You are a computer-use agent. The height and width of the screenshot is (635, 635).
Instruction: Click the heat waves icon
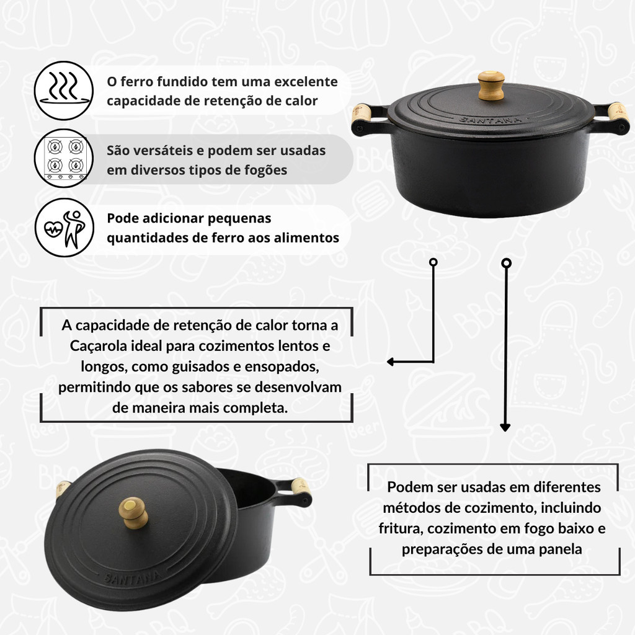[64, 91]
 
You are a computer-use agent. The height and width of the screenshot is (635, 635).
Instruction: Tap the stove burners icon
[64, 158]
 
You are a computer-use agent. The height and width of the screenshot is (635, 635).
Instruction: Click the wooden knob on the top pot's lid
[491, 85]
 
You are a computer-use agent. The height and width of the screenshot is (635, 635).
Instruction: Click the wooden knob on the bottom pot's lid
[133, 513]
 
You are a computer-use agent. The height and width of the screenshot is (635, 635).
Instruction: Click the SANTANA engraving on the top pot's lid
[491, 120]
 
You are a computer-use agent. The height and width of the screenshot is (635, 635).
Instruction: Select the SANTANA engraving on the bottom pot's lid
[131, 577]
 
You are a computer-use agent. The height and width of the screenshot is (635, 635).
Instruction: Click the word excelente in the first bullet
[306, 81]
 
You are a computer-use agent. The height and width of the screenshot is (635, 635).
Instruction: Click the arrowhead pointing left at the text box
[391, 362]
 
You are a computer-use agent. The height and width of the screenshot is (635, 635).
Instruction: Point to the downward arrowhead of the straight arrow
[505, 427]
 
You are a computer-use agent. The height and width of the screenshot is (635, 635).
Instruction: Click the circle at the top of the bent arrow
[433, 262]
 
